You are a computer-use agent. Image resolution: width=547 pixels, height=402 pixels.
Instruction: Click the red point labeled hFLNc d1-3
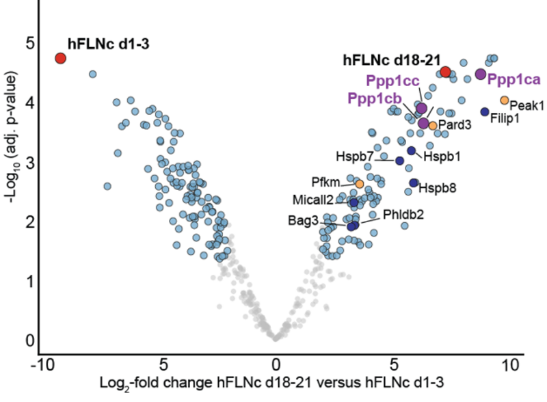[x=60, y=58]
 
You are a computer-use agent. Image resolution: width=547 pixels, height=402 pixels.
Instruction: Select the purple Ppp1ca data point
[x=480, y=74]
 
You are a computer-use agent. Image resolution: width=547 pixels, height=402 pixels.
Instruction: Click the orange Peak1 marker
[x=505, y=100]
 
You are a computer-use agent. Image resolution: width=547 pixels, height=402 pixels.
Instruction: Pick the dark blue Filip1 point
[x=485, y=111]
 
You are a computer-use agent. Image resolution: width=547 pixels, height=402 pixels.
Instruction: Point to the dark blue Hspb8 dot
[x=413, y=183]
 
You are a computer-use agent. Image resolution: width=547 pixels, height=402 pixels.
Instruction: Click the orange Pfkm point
[x=360, y=184]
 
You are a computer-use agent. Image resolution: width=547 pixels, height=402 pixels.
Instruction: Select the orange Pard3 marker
[x=432, y=126]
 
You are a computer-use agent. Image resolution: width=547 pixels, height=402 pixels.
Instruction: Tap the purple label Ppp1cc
[x=392, y=81]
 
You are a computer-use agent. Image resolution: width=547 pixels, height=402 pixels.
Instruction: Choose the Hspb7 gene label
[x=354, y=157]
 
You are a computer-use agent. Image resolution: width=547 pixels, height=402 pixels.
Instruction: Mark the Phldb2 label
[x=403, y=214]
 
